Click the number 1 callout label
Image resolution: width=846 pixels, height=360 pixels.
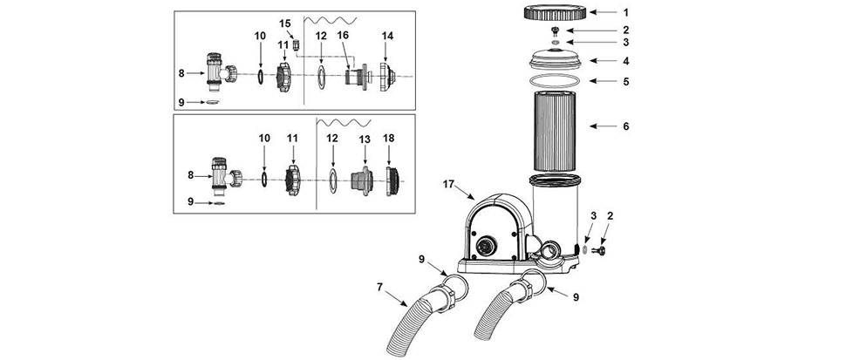(x=626, y=11)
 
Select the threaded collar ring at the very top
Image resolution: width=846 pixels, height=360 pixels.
(x=556, y=12)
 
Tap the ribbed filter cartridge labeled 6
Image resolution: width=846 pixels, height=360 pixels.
(x=555, y=131)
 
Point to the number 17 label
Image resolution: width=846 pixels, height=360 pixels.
(x=447, y=184)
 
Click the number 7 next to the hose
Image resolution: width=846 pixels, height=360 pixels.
(x=380, y=287)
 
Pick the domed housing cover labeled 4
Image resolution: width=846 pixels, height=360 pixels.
(x=556, y=58)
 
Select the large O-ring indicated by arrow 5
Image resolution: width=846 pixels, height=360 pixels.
(x=556, y=81)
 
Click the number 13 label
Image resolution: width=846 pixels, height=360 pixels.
(x=365, y=139)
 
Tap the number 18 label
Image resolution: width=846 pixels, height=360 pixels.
(x=388, y=138)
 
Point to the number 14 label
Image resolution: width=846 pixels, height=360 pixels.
(x=387, y=36)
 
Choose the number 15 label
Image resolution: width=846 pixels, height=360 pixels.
(x=285, y=24)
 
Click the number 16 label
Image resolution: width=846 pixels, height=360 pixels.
(x=343, y=35)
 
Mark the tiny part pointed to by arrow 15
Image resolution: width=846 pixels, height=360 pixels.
(x=296, y=44)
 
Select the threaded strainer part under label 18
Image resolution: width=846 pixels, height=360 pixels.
(x=392, y=180)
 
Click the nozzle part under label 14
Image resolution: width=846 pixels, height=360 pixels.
(x=388, y=77)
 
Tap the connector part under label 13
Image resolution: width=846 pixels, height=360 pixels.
(x=361, y=181)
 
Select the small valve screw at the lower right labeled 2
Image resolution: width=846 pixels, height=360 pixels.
(x=598, y=249)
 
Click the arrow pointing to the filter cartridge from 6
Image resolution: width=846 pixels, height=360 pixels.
(x=603, y=126)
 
